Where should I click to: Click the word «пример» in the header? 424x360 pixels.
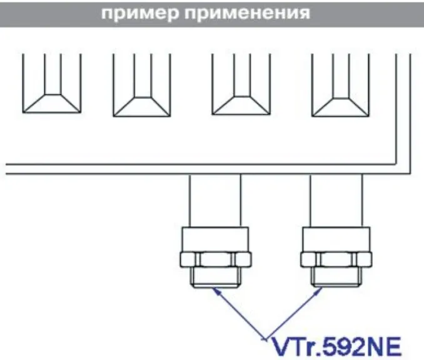140,14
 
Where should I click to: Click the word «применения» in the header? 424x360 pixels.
247,14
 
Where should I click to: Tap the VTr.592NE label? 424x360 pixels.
336,347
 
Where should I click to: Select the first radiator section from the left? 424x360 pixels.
52,83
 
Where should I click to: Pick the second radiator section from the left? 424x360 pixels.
142,85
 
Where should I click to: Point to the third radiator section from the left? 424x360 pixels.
241,84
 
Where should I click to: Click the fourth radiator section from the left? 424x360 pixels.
341,85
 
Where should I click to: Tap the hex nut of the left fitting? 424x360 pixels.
216,259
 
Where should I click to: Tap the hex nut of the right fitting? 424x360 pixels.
336,259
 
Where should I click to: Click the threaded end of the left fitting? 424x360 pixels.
216,277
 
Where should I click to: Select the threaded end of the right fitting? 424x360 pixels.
336,277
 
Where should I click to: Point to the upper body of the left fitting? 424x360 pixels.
216,239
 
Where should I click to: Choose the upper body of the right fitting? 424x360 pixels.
336,239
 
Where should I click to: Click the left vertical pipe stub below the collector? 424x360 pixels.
215,201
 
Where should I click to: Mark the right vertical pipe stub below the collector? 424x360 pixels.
336,201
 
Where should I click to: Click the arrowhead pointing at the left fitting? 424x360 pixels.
216,291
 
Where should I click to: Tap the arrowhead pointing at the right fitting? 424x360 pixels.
318,291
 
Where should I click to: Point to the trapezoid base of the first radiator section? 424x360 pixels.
52,104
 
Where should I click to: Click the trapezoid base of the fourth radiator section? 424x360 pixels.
341,107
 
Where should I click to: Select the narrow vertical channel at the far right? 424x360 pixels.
403,114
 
